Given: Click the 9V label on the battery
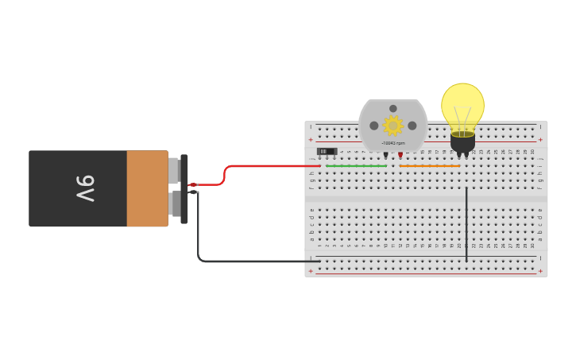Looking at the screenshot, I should tap(86, 188).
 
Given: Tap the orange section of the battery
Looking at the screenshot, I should tap(147, 188).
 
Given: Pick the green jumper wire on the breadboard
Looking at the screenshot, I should tap(356, 166).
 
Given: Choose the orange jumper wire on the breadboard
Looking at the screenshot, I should tap(430, 166).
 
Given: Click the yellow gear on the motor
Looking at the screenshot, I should tap(393, 125).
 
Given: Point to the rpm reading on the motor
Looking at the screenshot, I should tap(393, 143).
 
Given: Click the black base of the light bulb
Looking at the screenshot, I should tap(462, 142).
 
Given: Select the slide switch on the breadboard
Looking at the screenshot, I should tap(327, 151).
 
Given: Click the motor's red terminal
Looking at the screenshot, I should tap(400, 155).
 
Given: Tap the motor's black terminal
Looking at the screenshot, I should tap(386, 155).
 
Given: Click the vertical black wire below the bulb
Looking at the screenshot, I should tap(466, 223).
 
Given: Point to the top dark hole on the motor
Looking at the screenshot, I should tap(393, 108).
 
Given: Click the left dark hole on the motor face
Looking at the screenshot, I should tap(374, 126).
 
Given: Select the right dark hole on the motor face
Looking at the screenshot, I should tap(412, 126).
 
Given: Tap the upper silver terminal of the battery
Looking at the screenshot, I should tap(174, 170).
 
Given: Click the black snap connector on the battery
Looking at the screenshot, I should tap(184, 188).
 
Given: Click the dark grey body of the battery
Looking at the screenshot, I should tap(56, 188).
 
